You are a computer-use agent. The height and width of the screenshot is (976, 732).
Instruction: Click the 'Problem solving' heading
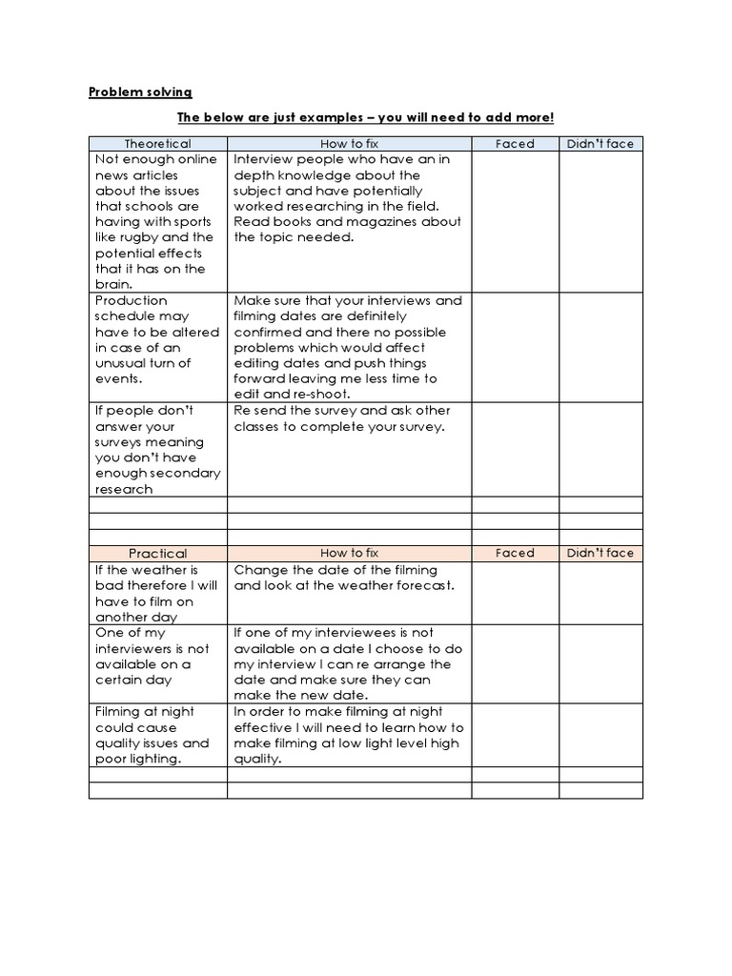(x=140, y=91)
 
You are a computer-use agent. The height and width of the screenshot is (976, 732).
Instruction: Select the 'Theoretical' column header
(x=157, y=144)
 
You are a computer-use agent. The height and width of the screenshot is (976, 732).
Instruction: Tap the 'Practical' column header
(x=157, y=553)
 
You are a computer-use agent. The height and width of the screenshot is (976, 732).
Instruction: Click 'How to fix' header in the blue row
(x=349, y=144)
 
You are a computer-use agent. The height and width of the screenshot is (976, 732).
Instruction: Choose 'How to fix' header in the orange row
(x=349, y=553)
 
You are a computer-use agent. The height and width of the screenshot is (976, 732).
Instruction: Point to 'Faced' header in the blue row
(x=515, y=144)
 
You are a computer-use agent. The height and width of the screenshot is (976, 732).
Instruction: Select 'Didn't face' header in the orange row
(x=600, y=553)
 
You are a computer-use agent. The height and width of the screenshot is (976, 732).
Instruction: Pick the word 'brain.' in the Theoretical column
(x=113, y=284)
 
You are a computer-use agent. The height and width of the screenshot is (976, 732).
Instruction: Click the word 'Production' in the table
(x=131, y=300)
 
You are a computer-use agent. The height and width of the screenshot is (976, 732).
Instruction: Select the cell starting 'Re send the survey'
(x=349, y=448)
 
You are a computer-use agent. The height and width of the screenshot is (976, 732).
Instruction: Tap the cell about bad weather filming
(x=157, y=593)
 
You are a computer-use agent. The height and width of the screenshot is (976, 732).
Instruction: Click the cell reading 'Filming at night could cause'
(x=157, y=735)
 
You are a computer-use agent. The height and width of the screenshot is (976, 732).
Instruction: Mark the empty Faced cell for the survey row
(x=515, y=448)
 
